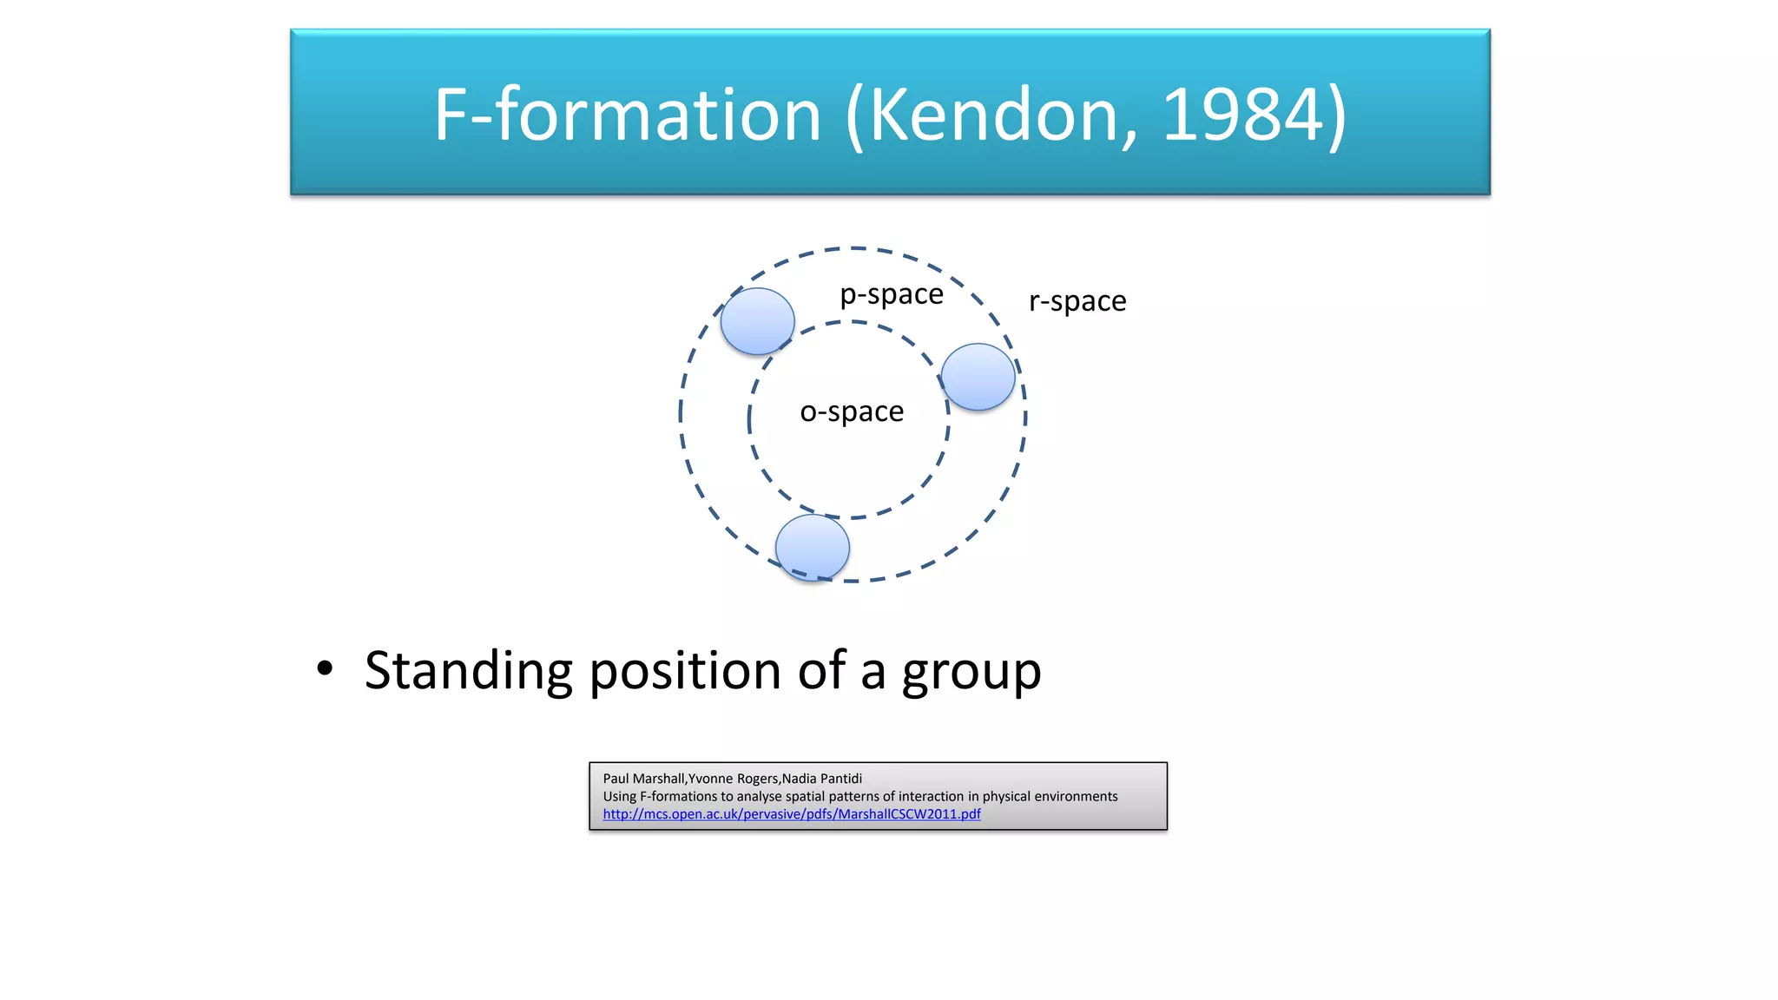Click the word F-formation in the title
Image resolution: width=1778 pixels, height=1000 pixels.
click(627, 115)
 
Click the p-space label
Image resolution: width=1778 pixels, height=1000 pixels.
click(891, 295)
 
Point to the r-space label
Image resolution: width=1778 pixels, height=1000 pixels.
click(1077, 301)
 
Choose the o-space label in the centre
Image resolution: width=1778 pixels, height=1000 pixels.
click(851, 411)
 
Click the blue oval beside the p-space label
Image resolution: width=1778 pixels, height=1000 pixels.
click(757, 321)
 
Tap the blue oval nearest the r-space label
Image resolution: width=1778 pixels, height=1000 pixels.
click(978, 377)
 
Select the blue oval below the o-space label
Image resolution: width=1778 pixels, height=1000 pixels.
click(812, 548)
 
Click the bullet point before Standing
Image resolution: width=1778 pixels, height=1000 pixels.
click(325, 669)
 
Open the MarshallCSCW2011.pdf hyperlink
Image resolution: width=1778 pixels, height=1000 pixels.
click(791, 814)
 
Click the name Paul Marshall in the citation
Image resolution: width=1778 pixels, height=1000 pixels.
click(643, 779)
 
